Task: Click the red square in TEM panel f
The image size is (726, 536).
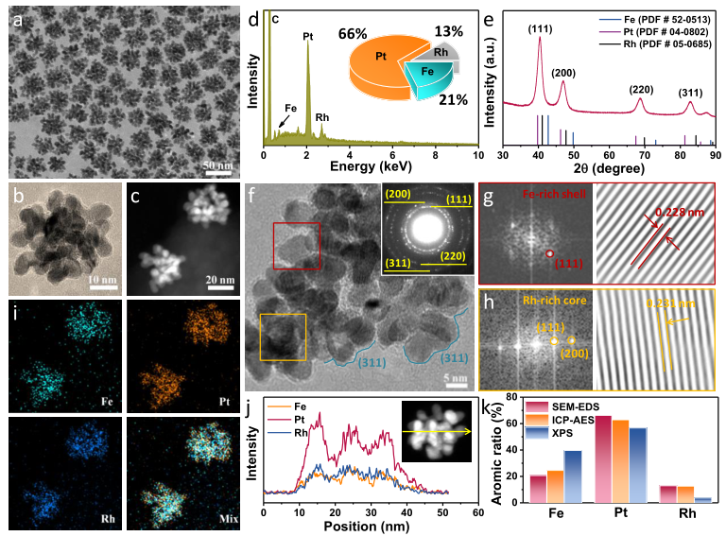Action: click(296, 246)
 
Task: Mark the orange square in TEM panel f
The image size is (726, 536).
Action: click(283, 338)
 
